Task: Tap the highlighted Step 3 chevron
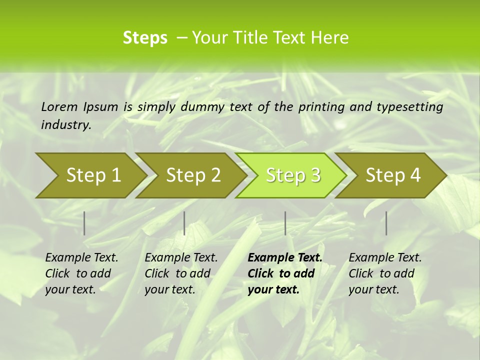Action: coord(292,175)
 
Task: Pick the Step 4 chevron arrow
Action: coord(392,175)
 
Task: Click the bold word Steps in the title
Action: coord(145,38)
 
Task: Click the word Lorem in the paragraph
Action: coord(59,106)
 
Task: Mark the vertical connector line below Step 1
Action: coord(84,223)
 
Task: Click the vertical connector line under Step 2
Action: coord(184,223)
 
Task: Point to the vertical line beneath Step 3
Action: coord(285,223)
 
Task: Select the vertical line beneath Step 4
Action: coord(386,223)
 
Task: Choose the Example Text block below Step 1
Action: coord(81,273)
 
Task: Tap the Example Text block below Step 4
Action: coord(385,273)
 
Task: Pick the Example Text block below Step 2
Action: coord(181,273)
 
